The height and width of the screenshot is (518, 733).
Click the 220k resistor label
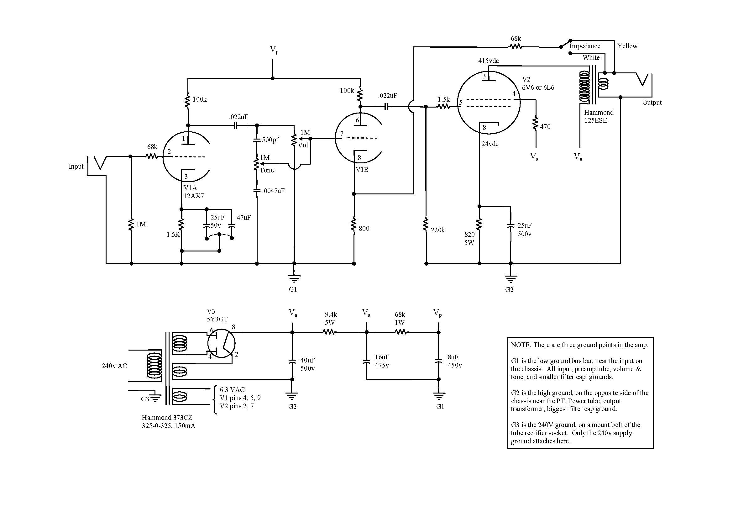tap(437, 230)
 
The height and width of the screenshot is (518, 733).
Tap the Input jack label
tap(76, 166)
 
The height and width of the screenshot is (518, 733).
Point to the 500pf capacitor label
tap(270, 140)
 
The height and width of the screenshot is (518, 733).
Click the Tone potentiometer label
tap(267, 170)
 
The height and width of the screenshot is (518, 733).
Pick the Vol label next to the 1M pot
tap(303, 145)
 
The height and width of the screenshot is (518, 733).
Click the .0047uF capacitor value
tap(273, 191)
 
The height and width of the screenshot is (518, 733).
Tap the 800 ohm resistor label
tap(364, 229)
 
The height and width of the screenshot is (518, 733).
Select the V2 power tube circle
tap(489, 102)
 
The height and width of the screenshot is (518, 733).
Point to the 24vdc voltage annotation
tap(490, 144)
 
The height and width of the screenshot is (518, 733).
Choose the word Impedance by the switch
tap(584, 46)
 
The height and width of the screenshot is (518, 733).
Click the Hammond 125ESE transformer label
tap(599, 116)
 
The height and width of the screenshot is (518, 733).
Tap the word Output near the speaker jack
tap(652, 103)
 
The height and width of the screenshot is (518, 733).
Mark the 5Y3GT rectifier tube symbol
tap(221, 343)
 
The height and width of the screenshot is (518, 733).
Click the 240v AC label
tap(114, 366)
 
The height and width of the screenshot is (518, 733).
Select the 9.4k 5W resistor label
tap(331, 318)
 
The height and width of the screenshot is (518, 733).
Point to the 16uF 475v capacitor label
tap(382, 361)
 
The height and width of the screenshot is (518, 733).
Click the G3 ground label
tap(145, 399)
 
